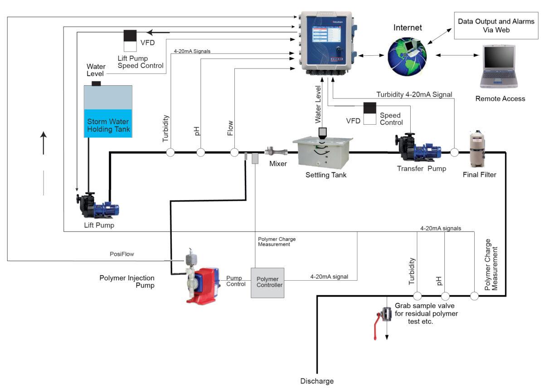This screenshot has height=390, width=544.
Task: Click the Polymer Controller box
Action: [267, 282]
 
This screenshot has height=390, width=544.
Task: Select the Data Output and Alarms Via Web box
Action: [496, 26]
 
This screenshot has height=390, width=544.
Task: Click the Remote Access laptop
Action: [498, 67]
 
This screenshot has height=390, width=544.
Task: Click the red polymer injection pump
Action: [201, 283]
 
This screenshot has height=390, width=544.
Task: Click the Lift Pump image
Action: [97, 205]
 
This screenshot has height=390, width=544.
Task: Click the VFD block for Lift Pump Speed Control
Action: [131, 41]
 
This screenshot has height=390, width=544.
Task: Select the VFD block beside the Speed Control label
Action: [370, 113]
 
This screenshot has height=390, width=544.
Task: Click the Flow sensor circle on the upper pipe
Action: [234, 152]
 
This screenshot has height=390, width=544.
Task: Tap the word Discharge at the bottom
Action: [317, 381]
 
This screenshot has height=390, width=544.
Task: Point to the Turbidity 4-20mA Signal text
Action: [414, 94]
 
